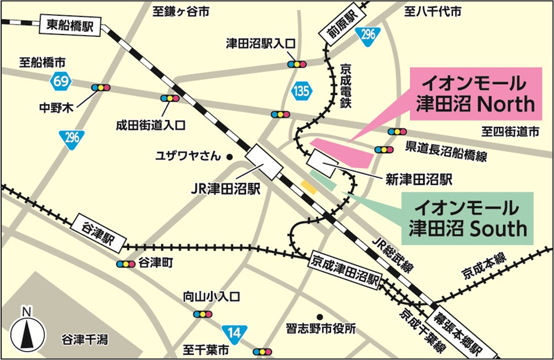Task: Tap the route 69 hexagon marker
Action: pos(61,80)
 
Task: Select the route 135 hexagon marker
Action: pos(302,91)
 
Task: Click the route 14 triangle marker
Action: pos(232,332)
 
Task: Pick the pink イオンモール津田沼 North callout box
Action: pos(476,94)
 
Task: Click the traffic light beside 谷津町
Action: pos(126,263)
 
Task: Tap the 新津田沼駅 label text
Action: pos(419,179)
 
